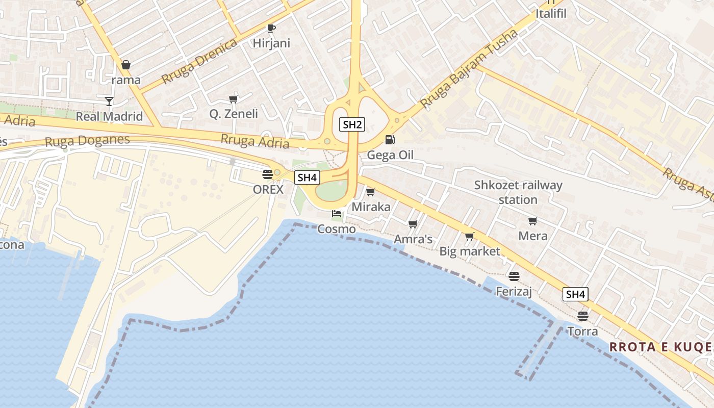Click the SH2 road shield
352,124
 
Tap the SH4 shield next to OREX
308,177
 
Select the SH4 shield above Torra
575,294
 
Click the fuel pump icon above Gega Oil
390,139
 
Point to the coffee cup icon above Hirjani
271,28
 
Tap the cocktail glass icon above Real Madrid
109,101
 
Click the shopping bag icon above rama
125,65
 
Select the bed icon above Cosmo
336,214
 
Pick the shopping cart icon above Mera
533,221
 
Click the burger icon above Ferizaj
514,276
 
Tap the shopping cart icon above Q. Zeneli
234,99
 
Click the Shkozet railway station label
518,192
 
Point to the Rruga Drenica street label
199,61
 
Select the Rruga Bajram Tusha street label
469,69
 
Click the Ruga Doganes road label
87,140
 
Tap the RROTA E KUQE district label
660,347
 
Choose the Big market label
470,251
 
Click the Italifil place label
551,13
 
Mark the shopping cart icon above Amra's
413,224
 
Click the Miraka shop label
371,207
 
